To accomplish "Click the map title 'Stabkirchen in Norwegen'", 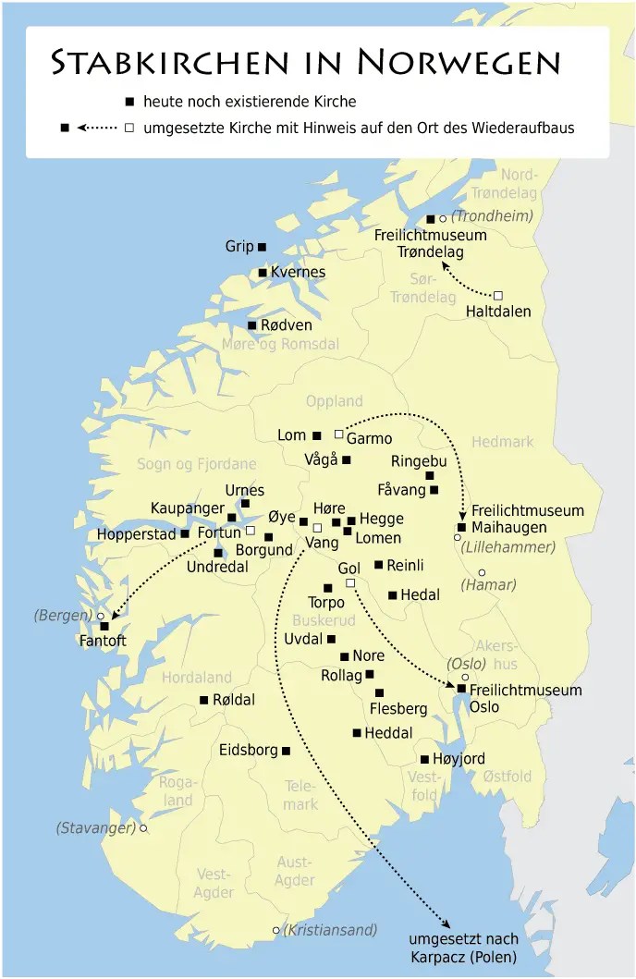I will pyautogui.click(x=306, y=62).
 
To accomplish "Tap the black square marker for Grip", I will pyautogui.click(x=262, y=247).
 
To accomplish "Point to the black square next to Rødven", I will pyautogui.click(x=251, y=325).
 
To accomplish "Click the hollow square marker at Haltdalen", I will pyautogui.click(x=498, y=295).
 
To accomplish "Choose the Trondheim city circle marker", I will pyautogui.click(x=443, y=219).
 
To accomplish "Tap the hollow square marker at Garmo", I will pyautogui.click(x=339, y=434).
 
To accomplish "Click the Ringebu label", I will pyautogui.click(x=419, y=460).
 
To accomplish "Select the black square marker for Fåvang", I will pyautogui.click(x=434, y=490).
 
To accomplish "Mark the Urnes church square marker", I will pyautogui.click(x=245, y=504).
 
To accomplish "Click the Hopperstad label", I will pyautogui.click(x=136, y=534).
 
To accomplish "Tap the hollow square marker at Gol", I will pyautogui.click(x=350, y=582).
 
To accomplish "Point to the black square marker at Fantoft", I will pyautogui.click(x=104, y=626).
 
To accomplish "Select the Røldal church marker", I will pyautogui.click(x=203, y=700).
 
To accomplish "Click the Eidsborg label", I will pyautogui.click(x=249, y=751).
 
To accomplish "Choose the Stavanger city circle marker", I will pyautogui.click(x=143, y=828).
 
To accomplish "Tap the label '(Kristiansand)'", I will pyautogui.click(x=331, y=930).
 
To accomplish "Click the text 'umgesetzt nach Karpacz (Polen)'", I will pyautogui.click(x=463, y=948).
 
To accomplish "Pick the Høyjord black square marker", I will pyautogui.click(x=424, y=759).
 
